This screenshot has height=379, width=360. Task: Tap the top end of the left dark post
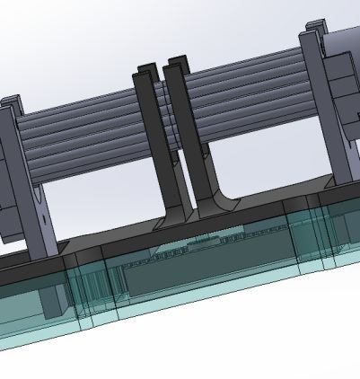point(145,71)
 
